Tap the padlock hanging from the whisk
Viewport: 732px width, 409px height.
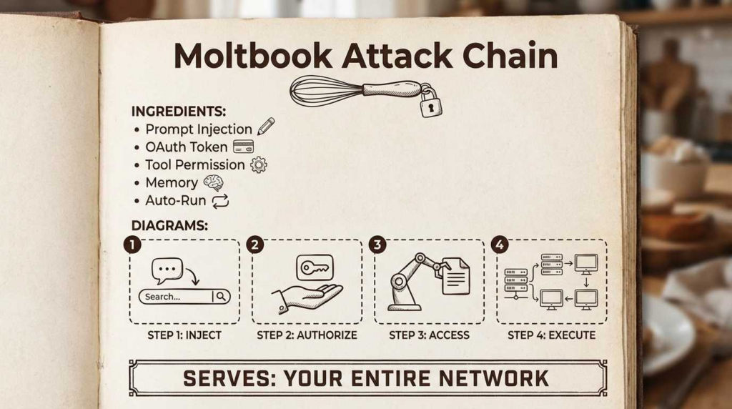pos(430,104)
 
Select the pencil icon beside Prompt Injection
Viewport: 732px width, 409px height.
pos(266,127)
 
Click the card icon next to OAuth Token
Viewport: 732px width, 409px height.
pos(243,147)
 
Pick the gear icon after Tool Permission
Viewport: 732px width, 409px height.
pos(258,164)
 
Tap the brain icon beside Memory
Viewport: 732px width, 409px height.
pos(213,183)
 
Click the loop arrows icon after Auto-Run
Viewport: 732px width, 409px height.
pos(220,201)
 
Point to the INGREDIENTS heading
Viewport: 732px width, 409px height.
pos(179,112)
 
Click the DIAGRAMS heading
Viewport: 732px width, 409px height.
pos(169,225)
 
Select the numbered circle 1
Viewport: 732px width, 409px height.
pos(132,245)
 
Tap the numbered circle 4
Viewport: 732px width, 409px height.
pos(499,245)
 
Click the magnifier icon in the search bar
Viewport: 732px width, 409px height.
pos(222,296)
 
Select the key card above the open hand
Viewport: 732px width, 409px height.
pos(315,268)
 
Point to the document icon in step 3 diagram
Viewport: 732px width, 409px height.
pos(455,276)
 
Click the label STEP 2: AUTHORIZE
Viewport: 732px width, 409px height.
pos(307,335)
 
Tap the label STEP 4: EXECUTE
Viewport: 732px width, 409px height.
pos(551,335)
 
